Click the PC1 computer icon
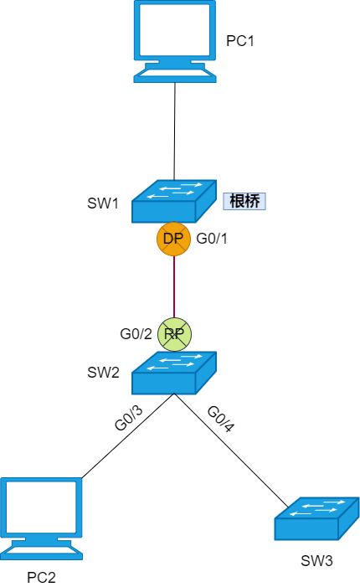(x=175, y=41)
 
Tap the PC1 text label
(x=240, y=40)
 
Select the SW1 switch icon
(x=174, y=202)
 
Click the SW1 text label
(x=103, y=203)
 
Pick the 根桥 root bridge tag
(x=244, y=202)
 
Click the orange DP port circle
(x=173, y=239)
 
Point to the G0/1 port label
(x=212, y=239)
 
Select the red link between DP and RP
(x=174, y=286)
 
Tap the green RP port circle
(x=174, y=334)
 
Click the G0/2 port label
(x=136, y=333)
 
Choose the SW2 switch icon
(x=174, y=373)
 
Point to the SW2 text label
(x=103, y=373)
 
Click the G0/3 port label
(x=129, y=418)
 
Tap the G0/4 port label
(x=221, y=419)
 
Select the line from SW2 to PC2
(x=128, y=436)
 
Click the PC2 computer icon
(x=41, y=519)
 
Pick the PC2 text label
(x=41, y=577)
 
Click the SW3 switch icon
(x=317, y=518)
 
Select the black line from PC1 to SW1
(x=175, y=131)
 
